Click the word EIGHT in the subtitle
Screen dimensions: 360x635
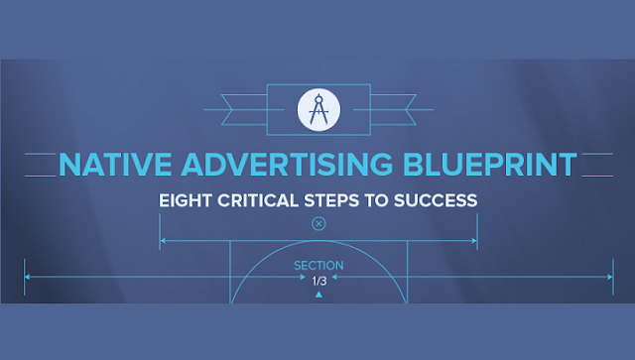click(185, 200)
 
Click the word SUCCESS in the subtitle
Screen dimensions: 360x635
click(437, 200)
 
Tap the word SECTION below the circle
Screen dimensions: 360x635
click(318, 266)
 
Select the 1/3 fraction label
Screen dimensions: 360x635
click(318, 282)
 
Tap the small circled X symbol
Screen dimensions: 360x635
click(318, 223)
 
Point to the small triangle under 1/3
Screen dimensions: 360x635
click(318, 295)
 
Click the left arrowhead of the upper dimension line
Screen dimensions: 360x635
click(163, 241)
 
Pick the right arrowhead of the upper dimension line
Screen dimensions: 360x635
click(474, 241)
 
